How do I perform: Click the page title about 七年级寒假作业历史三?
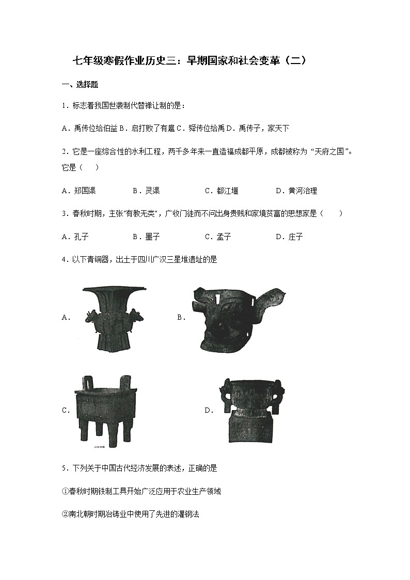point(190,61)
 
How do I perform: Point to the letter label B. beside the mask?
point(181,318)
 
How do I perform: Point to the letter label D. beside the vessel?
point(209,410)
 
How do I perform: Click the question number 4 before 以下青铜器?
point(63,260)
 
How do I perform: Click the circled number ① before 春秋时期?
point(65,491)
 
